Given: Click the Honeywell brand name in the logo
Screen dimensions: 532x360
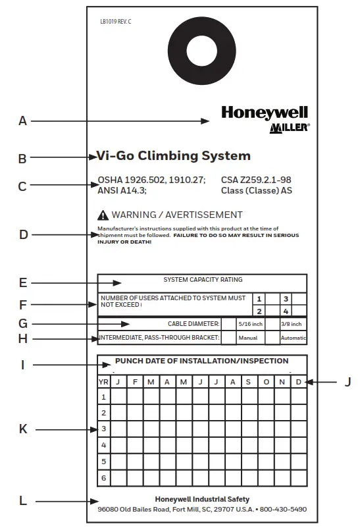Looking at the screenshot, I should [x=264, y=113].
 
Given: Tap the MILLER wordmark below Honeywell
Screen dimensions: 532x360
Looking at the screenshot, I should [x=289, y=128].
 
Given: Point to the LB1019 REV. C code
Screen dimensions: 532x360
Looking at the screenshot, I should [x=116, y=22].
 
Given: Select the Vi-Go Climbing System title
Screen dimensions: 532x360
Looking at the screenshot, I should [x=174, y=156].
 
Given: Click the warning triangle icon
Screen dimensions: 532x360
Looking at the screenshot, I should [x=103, y=215].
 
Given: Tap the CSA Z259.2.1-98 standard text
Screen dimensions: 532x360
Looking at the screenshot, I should [x=256, y=178].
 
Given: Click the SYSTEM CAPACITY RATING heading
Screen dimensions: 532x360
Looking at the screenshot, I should [x=203, y=280].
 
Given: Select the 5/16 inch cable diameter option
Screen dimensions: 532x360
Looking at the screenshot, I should [x=250, y=324].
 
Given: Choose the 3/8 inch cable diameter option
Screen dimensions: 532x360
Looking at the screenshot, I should [x=291, y=324].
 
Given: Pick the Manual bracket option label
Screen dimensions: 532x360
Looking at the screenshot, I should [x=247, y=338].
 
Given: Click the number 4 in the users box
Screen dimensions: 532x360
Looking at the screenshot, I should [x=286, y=311].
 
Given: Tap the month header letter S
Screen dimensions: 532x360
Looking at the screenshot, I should [x=248, y=382].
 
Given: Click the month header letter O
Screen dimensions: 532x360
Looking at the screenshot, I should [x=265, y=382].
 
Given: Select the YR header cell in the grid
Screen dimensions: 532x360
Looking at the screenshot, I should [x=103, y=382].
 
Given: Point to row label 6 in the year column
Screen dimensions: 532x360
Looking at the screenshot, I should [x=103, y=477].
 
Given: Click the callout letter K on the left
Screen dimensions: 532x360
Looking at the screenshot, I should [x=23, y=429].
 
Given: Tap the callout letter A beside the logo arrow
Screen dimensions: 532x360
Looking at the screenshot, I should [x=23, y=121].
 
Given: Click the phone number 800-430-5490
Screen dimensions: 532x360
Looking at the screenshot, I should [x=284, y=510].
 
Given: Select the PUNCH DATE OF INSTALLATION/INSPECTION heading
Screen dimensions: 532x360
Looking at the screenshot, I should [x=202, y=361].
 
